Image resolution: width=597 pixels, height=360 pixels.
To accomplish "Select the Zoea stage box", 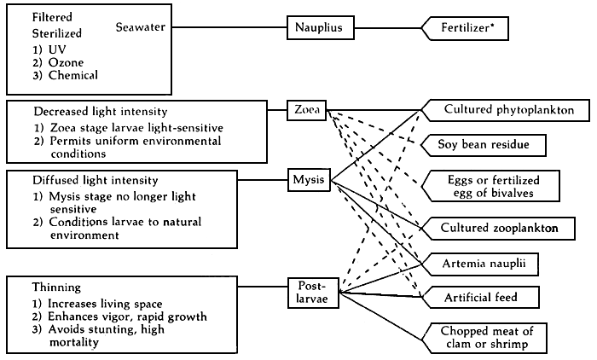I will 308,110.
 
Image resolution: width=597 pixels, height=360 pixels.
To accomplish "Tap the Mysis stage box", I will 308,180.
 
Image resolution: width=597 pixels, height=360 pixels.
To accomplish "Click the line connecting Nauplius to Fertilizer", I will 387,28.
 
